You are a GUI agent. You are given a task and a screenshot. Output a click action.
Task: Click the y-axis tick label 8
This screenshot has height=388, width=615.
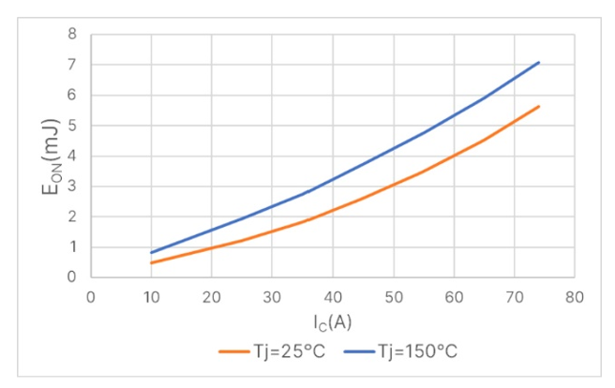click(x=71, y=35)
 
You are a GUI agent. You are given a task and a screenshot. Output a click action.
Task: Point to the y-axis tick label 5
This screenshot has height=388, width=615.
click(x=71, y=126)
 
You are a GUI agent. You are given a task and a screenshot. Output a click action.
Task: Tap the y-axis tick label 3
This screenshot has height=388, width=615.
click(x=71, y=187)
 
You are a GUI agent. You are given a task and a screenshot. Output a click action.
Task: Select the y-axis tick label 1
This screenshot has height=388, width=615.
click(x=71, y=247)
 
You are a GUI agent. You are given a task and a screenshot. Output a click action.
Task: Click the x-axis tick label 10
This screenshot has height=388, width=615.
click(x=151, y=297)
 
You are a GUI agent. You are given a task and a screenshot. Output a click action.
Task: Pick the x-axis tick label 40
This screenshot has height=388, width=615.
click(x=333, y=297)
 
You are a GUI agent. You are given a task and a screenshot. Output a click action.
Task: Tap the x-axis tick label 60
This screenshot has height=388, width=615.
click(x=454, y=297)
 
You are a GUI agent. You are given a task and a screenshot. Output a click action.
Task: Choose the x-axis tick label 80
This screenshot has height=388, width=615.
click(x=575, y=297)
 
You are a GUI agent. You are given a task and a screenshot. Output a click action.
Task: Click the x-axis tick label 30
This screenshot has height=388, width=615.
click(x=272, y=297)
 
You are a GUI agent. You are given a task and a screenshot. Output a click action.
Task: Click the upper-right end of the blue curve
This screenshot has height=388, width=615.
click(x=539, y=63)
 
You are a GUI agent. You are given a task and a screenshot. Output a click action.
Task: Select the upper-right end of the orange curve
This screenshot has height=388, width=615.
click(x=539, y=106)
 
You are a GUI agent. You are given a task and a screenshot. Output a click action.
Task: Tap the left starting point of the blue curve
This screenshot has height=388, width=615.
click(x=152, y=252)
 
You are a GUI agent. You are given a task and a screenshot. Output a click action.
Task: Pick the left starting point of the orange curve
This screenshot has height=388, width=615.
click(x=152, y=263)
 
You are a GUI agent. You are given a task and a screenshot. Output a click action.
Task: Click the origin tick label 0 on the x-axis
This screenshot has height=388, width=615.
click(x=91, y=297)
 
